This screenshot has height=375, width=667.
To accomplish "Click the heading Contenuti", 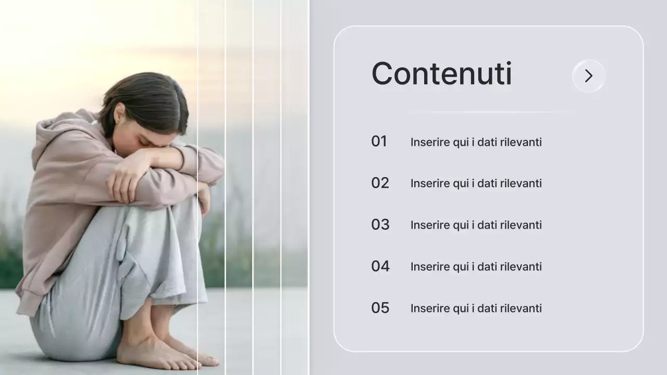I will tap(441, 74).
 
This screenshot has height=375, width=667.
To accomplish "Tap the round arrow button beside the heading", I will tap(588, 76).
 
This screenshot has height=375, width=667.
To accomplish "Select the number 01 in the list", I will tap(379, 141).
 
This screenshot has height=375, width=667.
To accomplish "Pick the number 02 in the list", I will tap(380, 183).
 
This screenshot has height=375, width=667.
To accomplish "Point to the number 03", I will tap(380, 224).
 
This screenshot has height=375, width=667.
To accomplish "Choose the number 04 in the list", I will tap(380, 266).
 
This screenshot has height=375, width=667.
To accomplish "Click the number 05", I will tap(380, 308).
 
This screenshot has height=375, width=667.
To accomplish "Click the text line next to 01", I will tap(476, 142).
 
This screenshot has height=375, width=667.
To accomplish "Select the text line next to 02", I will tap(476, 183).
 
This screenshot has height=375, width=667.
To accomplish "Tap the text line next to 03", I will tap(476, 225).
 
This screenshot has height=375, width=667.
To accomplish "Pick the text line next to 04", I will tap(476, 267).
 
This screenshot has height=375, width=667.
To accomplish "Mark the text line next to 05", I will tap(476, 308).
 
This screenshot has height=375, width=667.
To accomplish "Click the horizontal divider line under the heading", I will tap(490, 112).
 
